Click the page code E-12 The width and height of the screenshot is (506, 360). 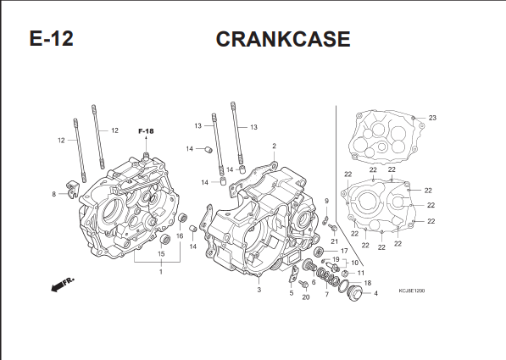click(52, 38)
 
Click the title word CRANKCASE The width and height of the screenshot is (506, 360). click(283, 39)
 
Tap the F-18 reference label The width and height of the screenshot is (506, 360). click(146, 131)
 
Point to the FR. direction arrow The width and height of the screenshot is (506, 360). click(63, 284)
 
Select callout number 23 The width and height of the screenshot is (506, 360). click(432, 118)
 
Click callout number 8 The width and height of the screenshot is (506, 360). click(54, 194)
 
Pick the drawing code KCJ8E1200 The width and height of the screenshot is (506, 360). click(412, 291)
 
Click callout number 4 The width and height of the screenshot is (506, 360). click(375, 294)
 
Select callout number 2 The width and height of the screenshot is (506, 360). click(274, 146)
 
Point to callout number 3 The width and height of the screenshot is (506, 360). click(259, 290)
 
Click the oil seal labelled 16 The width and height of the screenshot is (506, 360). click(183, 218)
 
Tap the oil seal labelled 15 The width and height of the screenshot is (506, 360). click(165, 240)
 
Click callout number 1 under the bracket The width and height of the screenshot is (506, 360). click(161, 272)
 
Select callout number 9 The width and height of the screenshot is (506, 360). click(326, 201)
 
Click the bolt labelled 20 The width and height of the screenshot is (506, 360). click(303, 285)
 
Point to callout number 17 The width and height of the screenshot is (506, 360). click(344, 251)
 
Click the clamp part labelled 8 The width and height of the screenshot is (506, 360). click(73, 189)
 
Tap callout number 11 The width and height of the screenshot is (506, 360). click(360, 273)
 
